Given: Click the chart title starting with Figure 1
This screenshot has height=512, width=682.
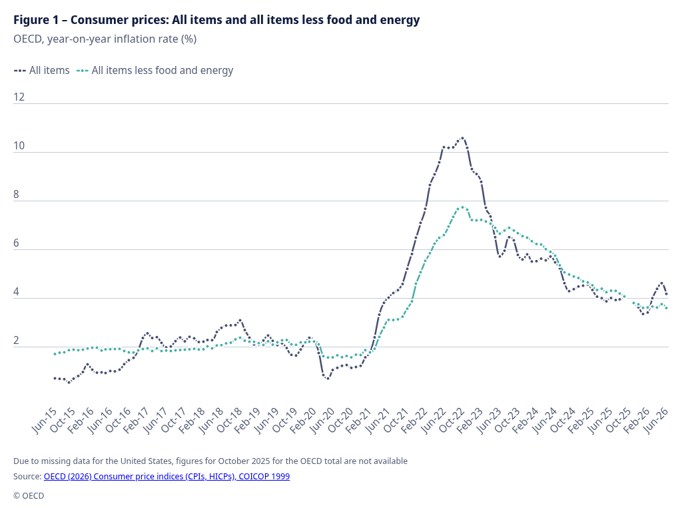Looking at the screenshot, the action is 216,20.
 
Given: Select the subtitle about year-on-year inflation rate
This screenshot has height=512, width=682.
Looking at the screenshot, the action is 105,39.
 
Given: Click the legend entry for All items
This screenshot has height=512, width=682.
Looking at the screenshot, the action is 42,71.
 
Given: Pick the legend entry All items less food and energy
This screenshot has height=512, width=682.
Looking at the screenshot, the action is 155,71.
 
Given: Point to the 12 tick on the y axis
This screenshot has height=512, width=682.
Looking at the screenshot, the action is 19,97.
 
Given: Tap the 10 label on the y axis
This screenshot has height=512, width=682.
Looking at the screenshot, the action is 19,146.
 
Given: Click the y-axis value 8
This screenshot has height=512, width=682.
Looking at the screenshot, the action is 17,195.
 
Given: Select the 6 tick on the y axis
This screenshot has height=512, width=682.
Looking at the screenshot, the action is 17,243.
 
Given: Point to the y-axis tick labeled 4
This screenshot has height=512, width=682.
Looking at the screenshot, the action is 17,292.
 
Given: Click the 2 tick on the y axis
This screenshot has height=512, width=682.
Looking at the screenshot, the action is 17,341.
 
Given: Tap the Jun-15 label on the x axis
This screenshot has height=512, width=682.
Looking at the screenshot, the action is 44,421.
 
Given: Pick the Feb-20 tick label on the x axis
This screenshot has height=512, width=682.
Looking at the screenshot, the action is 303,421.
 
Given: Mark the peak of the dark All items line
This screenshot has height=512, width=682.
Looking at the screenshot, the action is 462,138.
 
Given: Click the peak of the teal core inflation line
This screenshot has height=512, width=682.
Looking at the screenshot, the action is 462,207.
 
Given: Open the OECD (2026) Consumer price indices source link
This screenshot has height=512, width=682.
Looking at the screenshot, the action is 167,476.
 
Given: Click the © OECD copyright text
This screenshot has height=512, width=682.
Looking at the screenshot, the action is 29,496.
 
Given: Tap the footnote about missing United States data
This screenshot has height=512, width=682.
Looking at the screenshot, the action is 210,461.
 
